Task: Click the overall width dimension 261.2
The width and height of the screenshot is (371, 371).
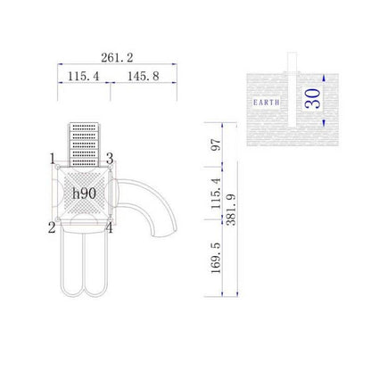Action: pyautogui.click(x=117, y=57)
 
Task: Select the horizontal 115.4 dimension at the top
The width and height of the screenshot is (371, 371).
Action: pyautogui.click(x=83, y=77)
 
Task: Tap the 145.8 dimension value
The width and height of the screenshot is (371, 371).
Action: pyautogui.click(x=144, y=77)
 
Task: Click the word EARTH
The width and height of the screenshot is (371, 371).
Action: pyautogui.click(x=266, y=103)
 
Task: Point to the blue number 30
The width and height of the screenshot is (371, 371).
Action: pyautogui.click(x=312, y=99)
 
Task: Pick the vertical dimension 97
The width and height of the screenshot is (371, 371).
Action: pyautogui.click(x=216, y=144)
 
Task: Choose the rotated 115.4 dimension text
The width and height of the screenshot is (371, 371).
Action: pyautogui.click(x=216, y=194)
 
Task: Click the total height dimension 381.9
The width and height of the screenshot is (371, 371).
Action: pyautogui.click(x=231, y=210)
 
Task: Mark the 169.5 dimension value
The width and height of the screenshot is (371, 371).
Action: pyautogui.click(x=216, y=258)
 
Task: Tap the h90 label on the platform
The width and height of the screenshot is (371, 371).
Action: pyautogui.click(x=85, y=194)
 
